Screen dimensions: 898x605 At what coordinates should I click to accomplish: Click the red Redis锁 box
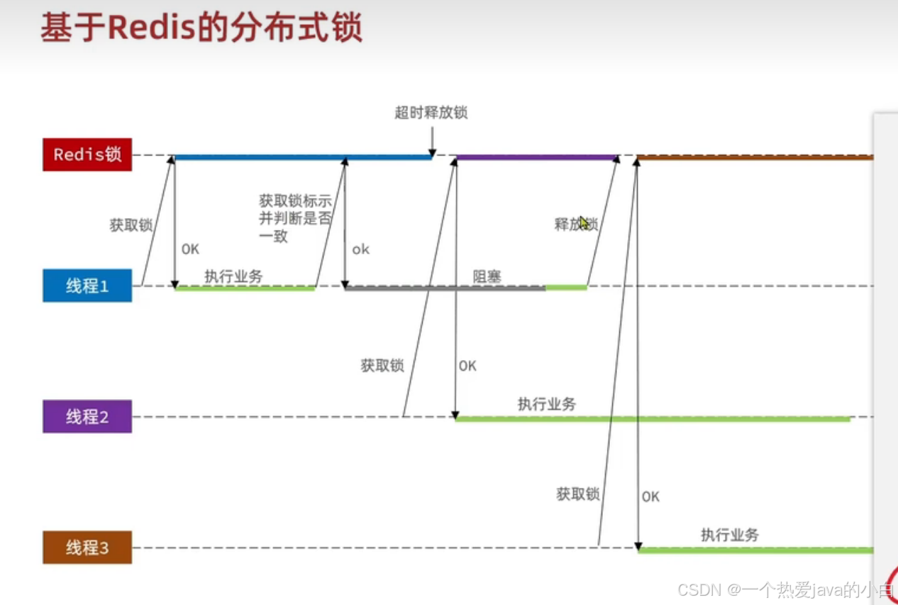(x=87, y=155)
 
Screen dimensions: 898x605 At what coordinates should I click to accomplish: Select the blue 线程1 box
(x=87, y=285)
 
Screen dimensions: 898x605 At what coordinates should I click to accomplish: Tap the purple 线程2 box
(x=87, y=417)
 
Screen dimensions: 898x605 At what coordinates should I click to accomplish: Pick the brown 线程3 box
(x=87, y=547)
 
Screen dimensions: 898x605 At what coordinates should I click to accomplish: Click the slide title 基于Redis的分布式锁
(x=201, y=29)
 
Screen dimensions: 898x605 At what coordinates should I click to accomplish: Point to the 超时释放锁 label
(x=431, y=112)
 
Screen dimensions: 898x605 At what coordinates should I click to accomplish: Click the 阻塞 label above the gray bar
(x=487, y=276)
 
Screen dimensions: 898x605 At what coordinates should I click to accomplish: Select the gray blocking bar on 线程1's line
(x=445, y=288)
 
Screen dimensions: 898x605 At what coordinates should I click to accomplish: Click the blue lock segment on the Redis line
(x=303, y=157)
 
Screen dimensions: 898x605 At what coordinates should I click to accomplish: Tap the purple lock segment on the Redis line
(x=536, y=157)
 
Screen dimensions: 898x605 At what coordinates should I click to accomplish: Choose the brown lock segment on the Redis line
(x=755, y=157)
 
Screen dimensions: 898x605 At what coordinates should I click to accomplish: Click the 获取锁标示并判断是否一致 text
(x=295, y=219)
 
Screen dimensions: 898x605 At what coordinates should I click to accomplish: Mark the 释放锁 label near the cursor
(x=575, y=224)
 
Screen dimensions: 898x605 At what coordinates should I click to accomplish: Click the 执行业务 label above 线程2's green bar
(x=547, y=404)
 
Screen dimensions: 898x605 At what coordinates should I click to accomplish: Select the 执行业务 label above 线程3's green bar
(x=730, y=535)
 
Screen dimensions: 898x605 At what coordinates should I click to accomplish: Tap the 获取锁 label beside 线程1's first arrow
(x=131, y=225)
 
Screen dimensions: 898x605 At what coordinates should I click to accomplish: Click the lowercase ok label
(x=361, y=249)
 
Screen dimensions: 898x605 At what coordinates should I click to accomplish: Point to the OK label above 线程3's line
(x=650, y=496)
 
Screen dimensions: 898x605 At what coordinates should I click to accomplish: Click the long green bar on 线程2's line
(x=653, y=419)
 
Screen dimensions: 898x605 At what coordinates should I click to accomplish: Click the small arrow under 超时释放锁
(x=431, y=142)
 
